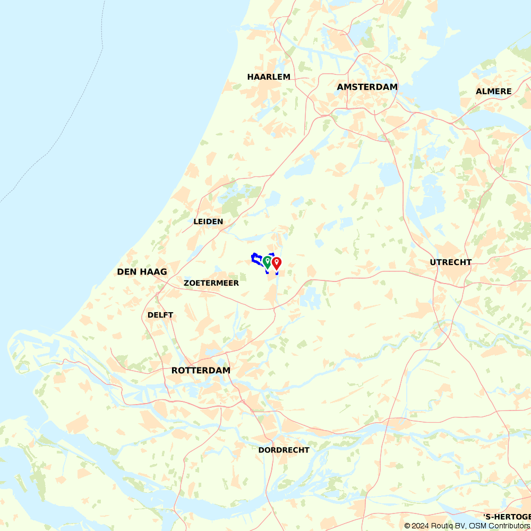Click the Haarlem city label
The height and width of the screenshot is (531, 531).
(269, 77)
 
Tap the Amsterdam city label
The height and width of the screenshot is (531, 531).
(367, 87)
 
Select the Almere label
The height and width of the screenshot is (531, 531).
(493, 91)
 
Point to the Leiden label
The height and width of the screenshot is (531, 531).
(208, 221)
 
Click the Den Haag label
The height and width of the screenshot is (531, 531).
(142, 272)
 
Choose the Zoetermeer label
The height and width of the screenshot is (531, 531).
(211, 283)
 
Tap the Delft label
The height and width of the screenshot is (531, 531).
(160, 315)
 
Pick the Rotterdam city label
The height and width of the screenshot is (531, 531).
(201, 370)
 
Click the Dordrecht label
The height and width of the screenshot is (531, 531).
(284, 450)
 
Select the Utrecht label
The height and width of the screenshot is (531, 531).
(451, 262)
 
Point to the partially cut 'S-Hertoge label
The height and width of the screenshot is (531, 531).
(507, 517)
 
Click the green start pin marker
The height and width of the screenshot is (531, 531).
(267, 261)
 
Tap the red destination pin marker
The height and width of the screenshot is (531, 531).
(277, 263)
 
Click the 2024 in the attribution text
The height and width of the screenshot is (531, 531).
(421, 526)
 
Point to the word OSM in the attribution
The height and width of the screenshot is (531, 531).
(477, 526)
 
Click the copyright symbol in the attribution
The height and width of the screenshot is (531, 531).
(407, 526)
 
